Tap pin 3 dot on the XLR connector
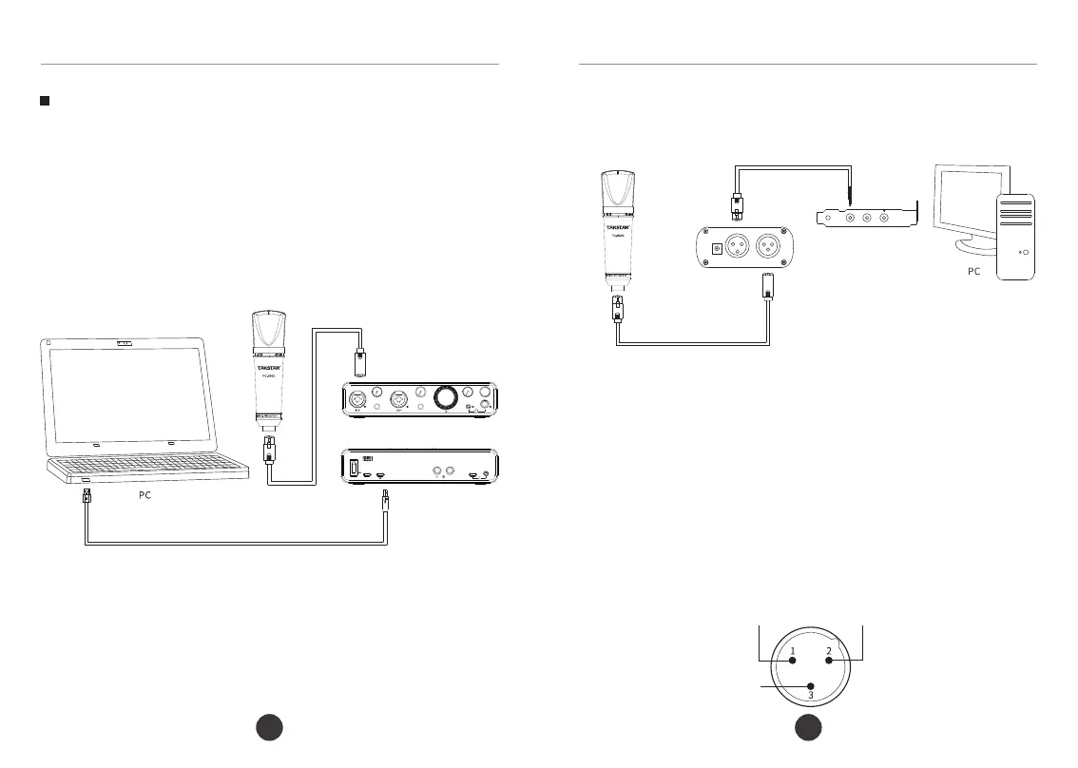(x=810, y=685)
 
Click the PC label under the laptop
(x=139, y=496)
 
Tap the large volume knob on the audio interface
(x=445, y=397)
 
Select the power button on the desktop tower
(x=1023, y=253)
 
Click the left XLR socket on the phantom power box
(x=737, y=247)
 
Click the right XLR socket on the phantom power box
(x=767, y=247)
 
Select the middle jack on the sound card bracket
(x=866, y=218)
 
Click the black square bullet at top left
(x=44, y=100)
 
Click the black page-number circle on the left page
(x=271, y=730)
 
